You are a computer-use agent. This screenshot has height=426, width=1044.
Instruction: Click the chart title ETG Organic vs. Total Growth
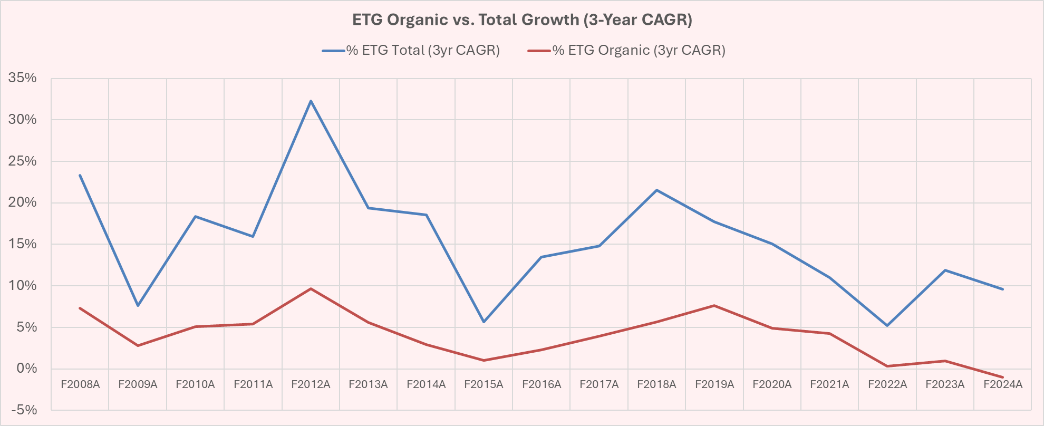[x=522, y=20]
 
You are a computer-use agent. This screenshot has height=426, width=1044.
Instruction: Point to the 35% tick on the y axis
[x=23, y=78]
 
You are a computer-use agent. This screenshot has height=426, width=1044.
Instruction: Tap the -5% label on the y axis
[x=23, y=410]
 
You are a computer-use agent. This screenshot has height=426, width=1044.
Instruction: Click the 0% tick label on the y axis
[x=26, y=369]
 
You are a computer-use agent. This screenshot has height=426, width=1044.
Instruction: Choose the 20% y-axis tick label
[x=23, y=202]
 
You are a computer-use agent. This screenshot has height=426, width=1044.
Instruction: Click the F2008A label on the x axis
[x=80, y=384]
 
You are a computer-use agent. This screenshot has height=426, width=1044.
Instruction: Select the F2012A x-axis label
[x=311, y=384]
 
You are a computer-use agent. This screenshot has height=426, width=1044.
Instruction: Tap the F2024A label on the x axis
[x=1002, y=384]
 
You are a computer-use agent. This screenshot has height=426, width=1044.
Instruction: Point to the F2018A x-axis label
[x=656, y=384]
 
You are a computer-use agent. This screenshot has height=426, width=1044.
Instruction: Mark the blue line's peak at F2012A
[x=311, y=101]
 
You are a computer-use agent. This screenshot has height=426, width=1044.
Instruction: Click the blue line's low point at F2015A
[x=484, y=322]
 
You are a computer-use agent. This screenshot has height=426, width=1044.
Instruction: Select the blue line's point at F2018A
[x=656, y=190]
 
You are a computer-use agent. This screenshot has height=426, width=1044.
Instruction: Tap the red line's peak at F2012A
[x=311, y=288]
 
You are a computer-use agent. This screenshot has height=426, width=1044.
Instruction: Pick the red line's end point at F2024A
[x=1002, y=377]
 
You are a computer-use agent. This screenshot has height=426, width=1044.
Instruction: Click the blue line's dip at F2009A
[x=138, y=306]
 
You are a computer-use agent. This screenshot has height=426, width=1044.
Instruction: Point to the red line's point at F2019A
[x=714, y=305]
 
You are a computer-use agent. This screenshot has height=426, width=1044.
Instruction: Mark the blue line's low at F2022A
[x=887, y=326]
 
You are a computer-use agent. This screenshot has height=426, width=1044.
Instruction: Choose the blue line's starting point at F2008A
[x=80, y=175]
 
